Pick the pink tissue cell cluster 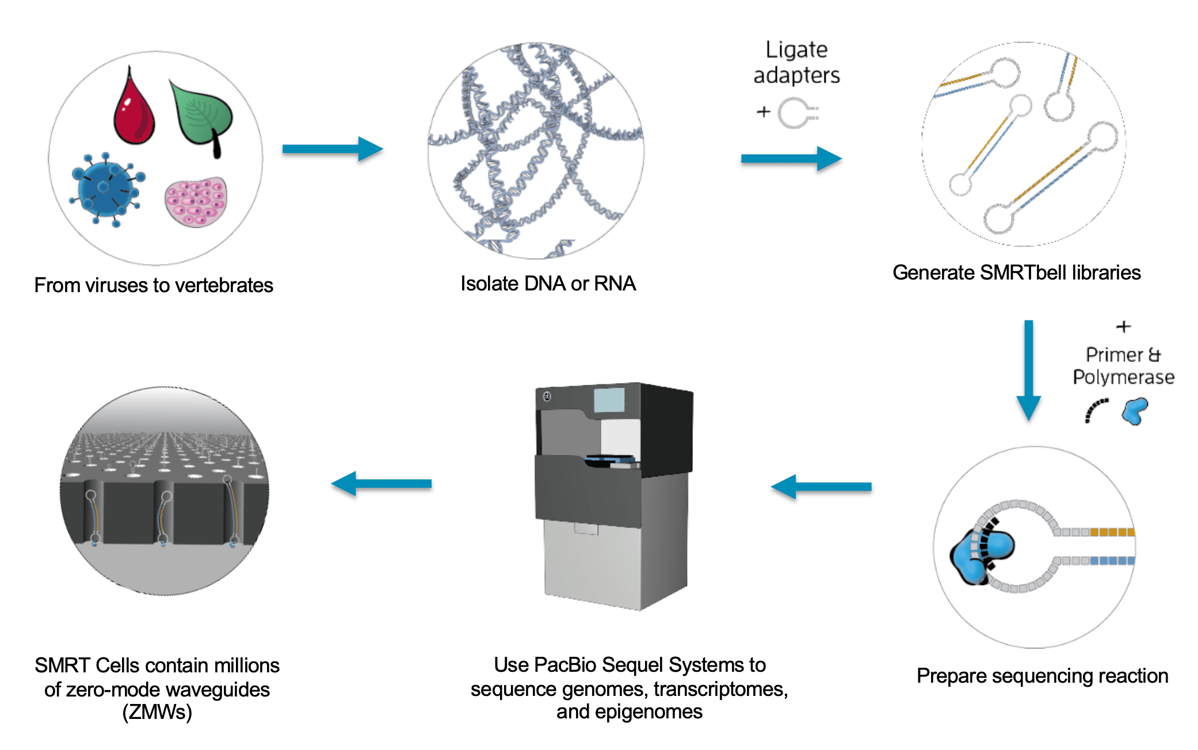[196, 202]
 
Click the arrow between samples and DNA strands [333, 149]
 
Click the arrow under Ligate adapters [791, 158]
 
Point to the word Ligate [796, 50]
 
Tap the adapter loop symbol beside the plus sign [798, 113]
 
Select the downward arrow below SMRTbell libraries [1028, 370]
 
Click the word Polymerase [1123, 377]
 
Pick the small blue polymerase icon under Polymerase [1135, 411]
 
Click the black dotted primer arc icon [1096, 411]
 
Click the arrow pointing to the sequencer [821, 487]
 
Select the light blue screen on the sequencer [609, 400]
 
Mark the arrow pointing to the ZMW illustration [381, 484]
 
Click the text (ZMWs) [157, 712]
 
